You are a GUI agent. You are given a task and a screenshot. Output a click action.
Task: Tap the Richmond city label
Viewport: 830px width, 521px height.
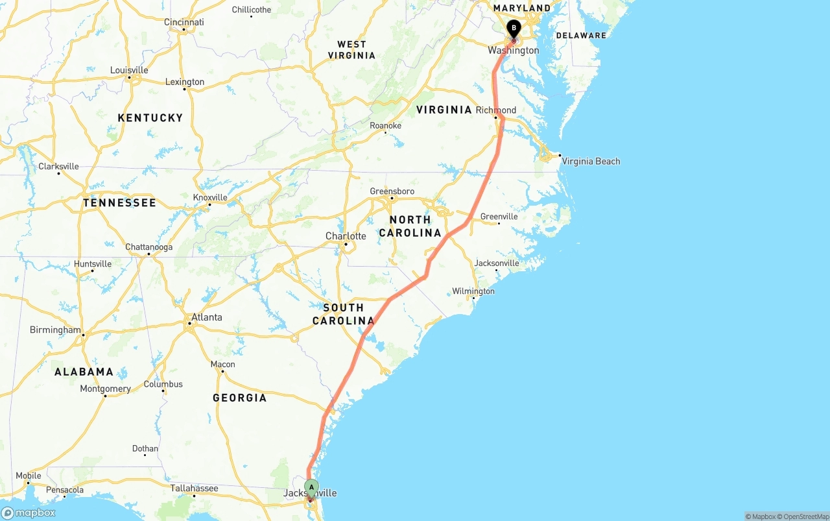click(x=496, y=110)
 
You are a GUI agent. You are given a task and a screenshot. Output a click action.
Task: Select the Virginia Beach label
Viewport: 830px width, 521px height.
click(x=591, y=162)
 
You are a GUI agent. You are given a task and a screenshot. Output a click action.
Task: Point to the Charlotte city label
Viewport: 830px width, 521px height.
click(x=346, y=236)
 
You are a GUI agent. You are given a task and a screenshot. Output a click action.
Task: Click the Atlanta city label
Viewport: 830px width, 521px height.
click(x=206, y=317)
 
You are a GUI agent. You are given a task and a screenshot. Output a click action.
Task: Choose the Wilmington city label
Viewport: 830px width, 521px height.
click(x=473, y=291)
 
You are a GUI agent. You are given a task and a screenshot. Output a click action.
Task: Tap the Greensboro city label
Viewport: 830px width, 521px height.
click(x=392, y=191)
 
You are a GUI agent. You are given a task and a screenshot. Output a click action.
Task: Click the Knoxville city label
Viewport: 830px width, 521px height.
click(x=210, y=198)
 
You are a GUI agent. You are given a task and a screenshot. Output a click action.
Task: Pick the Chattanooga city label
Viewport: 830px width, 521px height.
click(x=148, y=247)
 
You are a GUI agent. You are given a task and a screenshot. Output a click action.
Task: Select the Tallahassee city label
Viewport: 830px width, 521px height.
click(x=194, y=489)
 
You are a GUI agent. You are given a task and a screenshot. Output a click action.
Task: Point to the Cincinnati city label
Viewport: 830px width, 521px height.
click(x=184, y=22)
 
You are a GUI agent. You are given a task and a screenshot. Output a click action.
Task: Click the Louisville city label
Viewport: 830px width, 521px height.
click(x=129, y=70)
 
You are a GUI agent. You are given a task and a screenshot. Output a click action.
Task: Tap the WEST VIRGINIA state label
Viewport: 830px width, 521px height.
click(x=352, y=50)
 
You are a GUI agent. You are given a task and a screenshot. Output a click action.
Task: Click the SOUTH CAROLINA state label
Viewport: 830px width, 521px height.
click(x=344, y=314)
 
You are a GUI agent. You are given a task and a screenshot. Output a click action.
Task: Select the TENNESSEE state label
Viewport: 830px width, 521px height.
click(x=119, y=203)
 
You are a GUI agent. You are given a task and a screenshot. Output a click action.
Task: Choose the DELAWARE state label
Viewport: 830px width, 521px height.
click(x=581, y=36)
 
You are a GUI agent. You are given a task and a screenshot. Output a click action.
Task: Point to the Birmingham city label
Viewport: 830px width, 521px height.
click(x=55, y=330)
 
